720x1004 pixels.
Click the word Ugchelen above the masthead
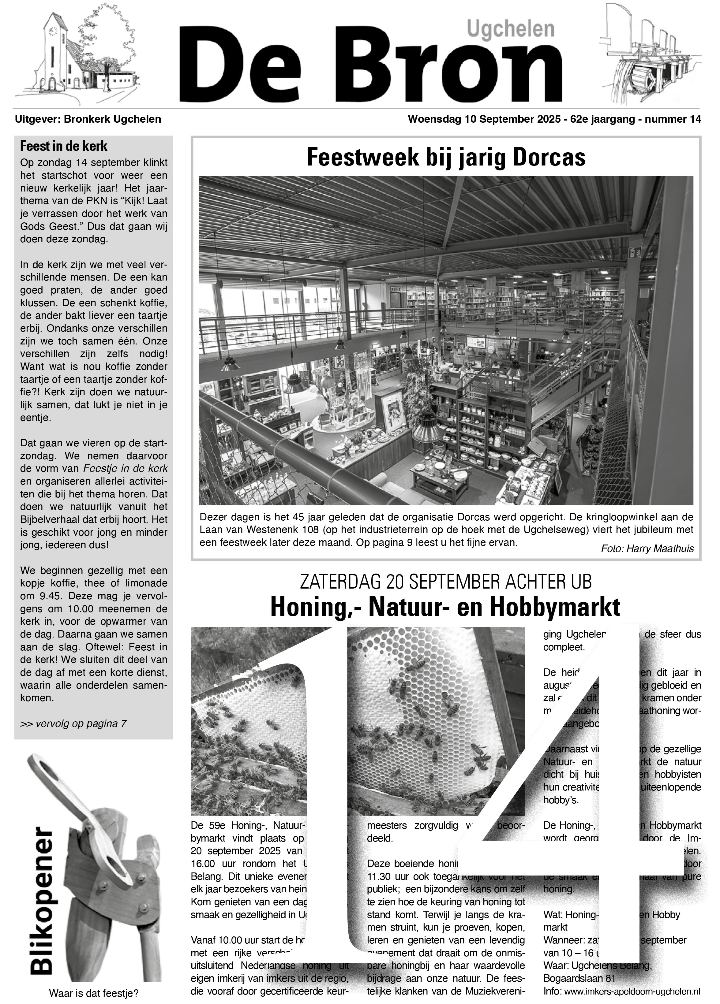(510, 29)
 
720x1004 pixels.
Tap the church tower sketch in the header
(54, 49)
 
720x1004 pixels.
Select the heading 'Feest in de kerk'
(64, 146)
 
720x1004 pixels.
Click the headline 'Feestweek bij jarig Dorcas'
(446, 157)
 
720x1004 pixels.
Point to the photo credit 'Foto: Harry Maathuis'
(647, 549)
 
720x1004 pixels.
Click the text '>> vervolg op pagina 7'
(73, 723)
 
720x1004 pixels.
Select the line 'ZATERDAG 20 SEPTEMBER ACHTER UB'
(446, 582)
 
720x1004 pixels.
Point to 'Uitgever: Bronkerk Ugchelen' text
(88, 119)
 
